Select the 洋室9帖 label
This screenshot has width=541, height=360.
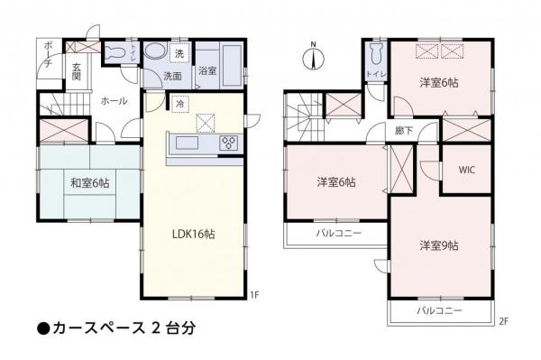(438, 245)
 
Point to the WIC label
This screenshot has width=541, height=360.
(467, 170)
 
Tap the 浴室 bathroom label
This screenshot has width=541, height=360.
(207, 71)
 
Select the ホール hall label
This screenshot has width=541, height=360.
(114, 101)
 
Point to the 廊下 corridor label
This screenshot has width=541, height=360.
(403, 131)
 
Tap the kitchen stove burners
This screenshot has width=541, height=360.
(228, 142)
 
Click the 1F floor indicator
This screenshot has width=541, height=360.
(255, 294)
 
